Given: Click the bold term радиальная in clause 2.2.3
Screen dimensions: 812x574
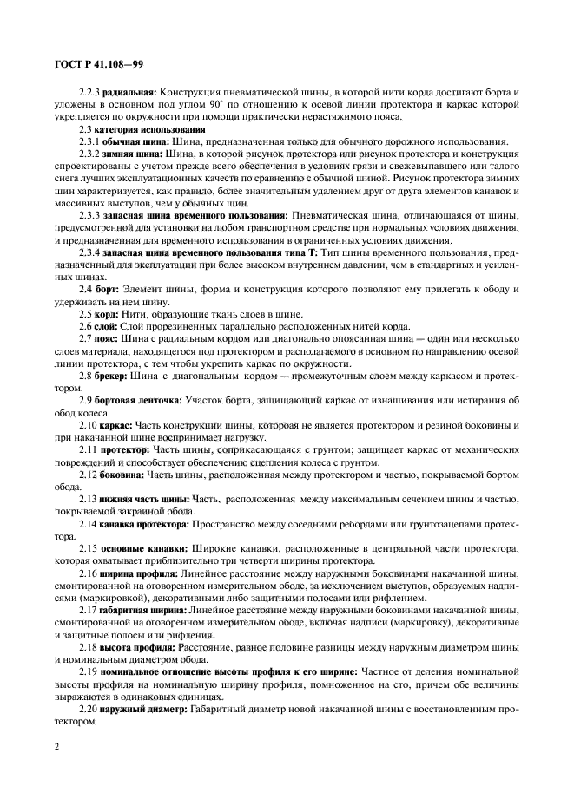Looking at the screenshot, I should (128, 91).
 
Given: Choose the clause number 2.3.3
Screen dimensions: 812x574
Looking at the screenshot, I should (89, 213).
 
